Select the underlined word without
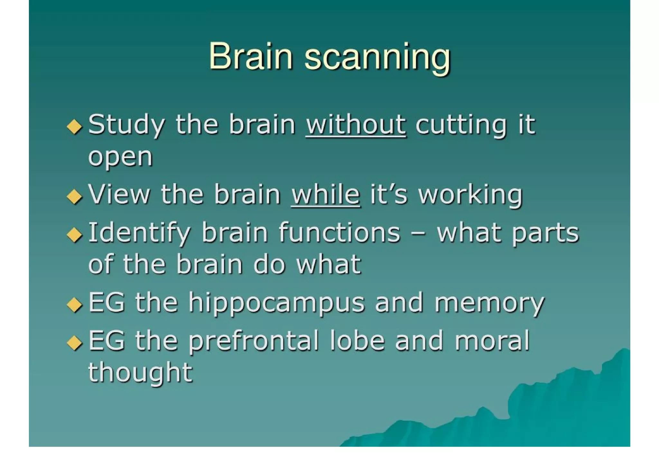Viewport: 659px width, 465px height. coord(356,125)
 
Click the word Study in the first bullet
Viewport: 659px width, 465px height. coord(126,125)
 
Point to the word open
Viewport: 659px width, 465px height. coord(120,157)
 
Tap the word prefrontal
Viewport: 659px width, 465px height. coord(253,341)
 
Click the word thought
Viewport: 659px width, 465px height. coord(140,373)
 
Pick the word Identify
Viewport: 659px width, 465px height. coord(139,233)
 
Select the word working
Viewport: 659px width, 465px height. coord(470,195)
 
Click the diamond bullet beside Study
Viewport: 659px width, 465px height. coord(75,126)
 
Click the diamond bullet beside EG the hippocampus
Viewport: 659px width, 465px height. coord(75,304)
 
